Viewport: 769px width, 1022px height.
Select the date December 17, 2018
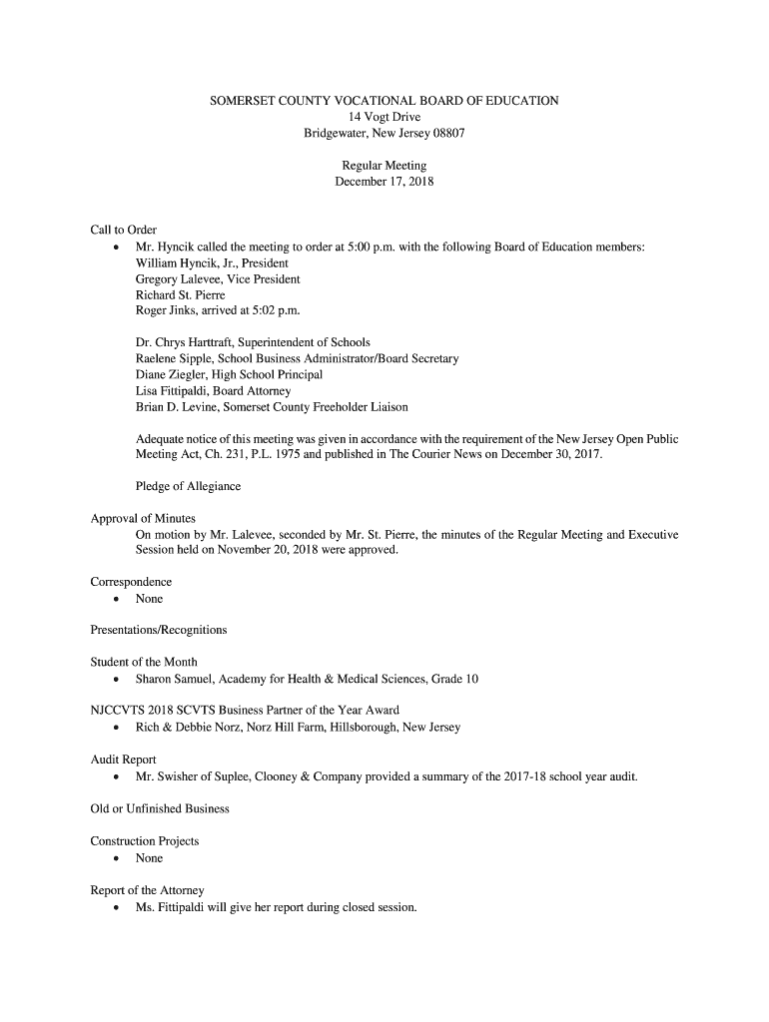click(x=384, y=183)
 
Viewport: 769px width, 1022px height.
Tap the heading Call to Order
click(x=124, y=231)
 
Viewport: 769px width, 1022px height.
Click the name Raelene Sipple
click(x=175, y=359)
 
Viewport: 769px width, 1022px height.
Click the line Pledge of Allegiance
click(x=188, y=487)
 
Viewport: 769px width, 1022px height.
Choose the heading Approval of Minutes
click(x=143, y=519)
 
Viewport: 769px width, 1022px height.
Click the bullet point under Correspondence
click(x=118, y=599)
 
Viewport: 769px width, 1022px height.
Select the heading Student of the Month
click(x=144, y=663)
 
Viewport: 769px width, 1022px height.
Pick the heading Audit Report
click(x=123, y=761)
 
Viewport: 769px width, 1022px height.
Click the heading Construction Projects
click(x=144, y=841)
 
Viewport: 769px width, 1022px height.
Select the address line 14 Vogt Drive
click(x=384, y=117)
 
